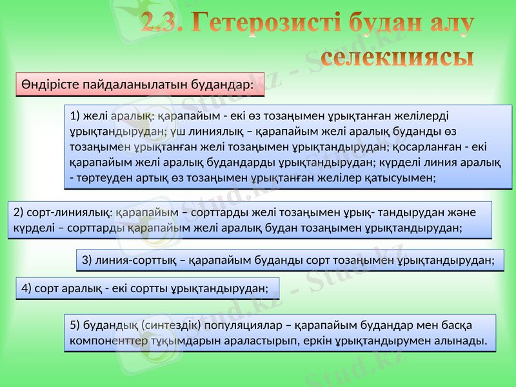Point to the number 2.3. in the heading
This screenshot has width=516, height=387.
tap(164, 25)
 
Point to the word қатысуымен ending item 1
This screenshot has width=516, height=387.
tap(403, 175)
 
